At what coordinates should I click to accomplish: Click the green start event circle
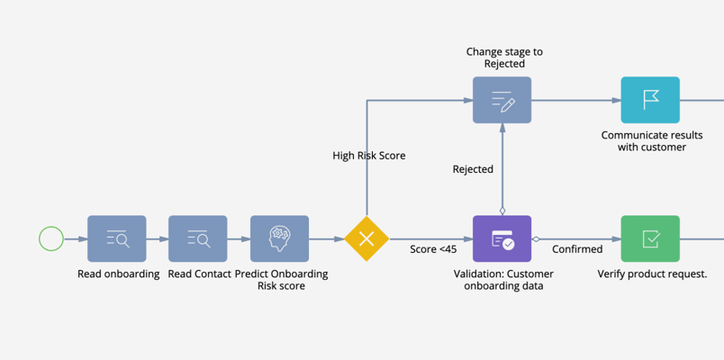click(51, 238)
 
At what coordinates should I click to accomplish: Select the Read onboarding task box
click(116, 238)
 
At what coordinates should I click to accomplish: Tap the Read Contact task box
click(198, 238)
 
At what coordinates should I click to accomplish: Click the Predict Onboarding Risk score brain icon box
click(279, 238)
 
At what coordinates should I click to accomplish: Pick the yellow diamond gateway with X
click(367, 238)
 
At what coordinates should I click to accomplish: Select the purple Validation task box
click(502, 238)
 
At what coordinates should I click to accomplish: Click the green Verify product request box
click(650, 238)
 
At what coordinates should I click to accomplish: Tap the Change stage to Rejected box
click(502, 100)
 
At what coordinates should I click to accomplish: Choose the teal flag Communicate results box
click(650, 100)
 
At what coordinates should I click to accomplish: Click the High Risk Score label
click(369, 156)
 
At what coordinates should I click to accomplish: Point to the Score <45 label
click(432, 249)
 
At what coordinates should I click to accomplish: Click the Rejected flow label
click(473, 169)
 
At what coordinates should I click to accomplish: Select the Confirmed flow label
click(577, 249)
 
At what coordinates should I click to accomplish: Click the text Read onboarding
click(118, 274)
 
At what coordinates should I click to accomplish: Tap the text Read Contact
click(199, 274)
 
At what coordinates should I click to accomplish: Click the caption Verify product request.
click(652, 274)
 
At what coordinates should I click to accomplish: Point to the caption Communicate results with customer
click(652, 141)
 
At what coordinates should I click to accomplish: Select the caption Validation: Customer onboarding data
click(509, 280)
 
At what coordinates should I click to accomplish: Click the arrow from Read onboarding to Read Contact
click(158, 238)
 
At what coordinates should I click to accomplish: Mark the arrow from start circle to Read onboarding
click(76, 238)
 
